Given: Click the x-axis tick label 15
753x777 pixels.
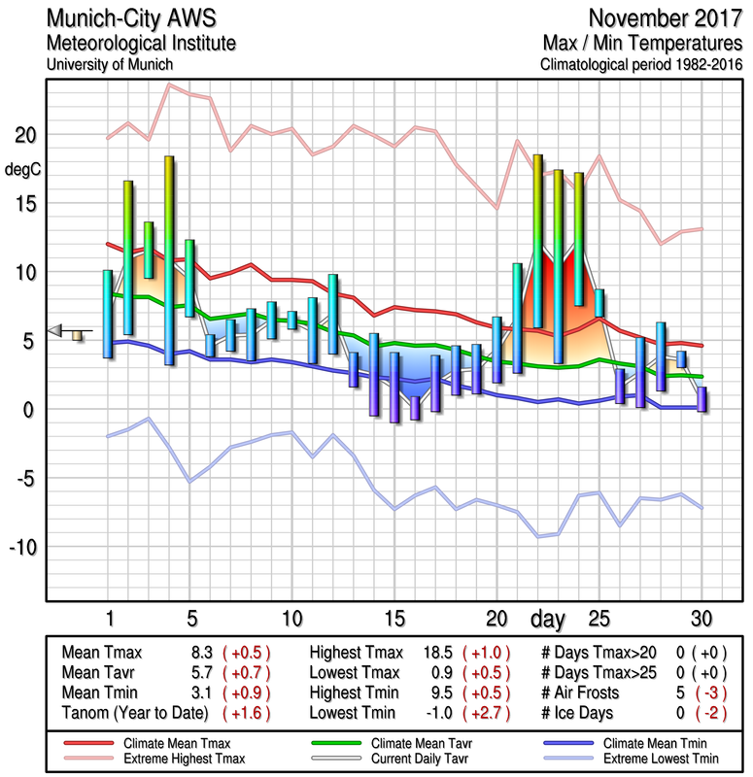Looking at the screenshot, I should [394, 618].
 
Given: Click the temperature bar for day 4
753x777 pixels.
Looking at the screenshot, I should [169, 260].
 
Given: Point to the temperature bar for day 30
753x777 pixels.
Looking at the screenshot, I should [702, 400].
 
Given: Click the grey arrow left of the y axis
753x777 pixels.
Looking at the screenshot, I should [56, 330].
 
